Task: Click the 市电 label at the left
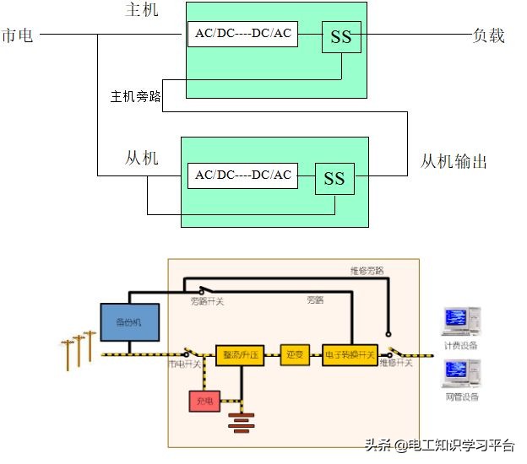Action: point(18,35)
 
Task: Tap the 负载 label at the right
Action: point(488,35)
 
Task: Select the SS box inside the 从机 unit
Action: point(334,178)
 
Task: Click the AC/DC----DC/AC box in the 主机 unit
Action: point(242,35)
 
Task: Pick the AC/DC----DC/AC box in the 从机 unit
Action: point(242,175)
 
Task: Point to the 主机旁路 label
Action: point(135,96)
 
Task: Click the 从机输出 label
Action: point(454,161)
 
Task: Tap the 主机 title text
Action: point(140,10)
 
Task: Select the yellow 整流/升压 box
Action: point(240,355)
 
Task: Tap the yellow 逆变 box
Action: point(295,355)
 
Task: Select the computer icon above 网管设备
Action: point(460,374)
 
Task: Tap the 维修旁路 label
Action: point(367,271)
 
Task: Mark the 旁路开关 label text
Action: point(207,300)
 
